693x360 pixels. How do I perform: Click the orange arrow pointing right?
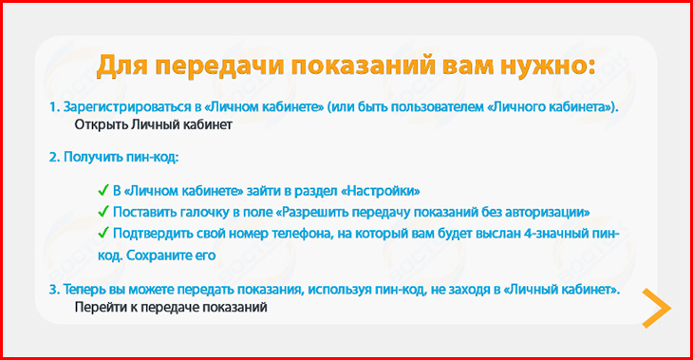point(657,309)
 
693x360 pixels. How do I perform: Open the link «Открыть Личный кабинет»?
point(153,124)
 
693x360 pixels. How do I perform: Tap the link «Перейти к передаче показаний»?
point(171,307)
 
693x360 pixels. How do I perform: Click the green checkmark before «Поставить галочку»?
point(103,212)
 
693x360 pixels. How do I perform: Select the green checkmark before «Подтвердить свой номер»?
point(103,233)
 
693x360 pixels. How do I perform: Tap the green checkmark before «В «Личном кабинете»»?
point(103,191)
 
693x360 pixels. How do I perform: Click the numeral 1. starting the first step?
point(54,107)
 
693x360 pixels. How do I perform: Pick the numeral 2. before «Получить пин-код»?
point(54,157)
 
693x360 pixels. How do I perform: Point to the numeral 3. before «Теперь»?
point(54,290)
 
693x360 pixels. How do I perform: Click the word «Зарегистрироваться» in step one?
point(127,107)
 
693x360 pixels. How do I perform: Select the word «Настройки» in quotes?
point(381,191)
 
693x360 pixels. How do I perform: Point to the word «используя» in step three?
point(340,290)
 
